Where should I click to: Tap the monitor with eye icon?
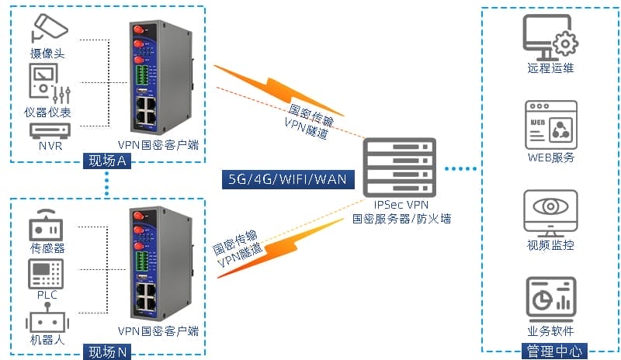[550, 213]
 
